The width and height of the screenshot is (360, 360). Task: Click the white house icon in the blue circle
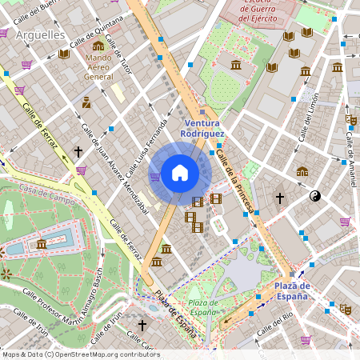180,172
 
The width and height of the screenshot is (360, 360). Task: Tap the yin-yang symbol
314,195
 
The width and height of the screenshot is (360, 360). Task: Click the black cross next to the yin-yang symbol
280,197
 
